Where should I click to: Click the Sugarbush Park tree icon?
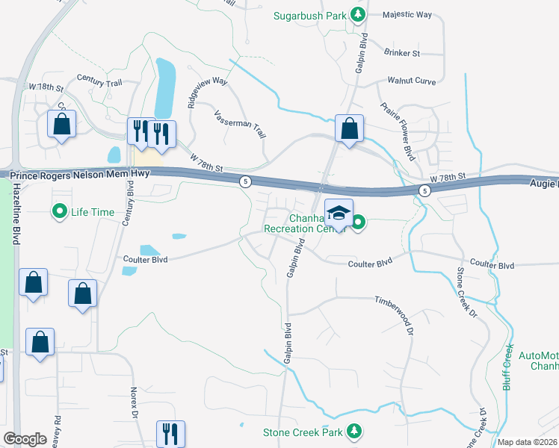(358, 14)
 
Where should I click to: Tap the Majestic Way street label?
(407, 14)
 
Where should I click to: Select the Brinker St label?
(403, 53)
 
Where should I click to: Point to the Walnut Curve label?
(411, 80)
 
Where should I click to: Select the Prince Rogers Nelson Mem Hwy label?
(80, 173)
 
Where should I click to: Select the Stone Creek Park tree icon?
(356, 432)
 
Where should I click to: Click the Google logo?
(25, 439)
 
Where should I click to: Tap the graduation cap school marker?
(339, 214)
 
